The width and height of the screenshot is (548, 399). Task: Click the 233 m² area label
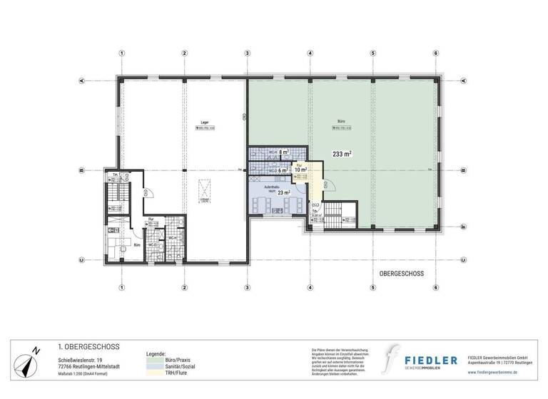point(342,153)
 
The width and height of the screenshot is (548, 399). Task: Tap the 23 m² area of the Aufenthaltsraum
point(283,192)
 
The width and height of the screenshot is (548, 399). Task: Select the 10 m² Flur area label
point(301,170)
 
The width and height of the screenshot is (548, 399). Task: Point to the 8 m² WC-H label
point(283,152)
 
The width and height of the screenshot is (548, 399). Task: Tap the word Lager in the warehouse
point(204,122)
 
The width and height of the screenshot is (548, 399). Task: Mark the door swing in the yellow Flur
point(330,187)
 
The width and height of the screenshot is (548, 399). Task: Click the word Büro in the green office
point(341,122)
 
